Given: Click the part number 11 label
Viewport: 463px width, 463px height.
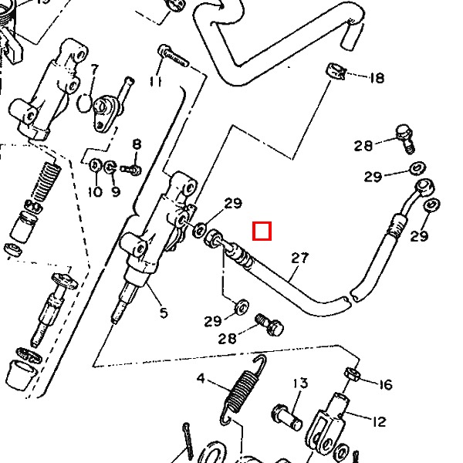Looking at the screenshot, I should click(x=157, y=81).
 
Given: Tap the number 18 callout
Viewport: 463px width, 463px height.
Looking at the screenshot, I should click(x=377, y=78).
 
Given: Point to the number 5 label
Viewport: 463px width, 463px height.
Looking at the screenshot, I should click(x=163, y=313).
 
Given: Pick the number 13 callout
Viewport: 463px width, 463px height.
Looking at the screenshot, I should click(x=299, y=384).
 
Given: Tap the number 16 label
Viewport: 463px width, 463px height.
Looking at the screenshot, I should click(x=385, y=384).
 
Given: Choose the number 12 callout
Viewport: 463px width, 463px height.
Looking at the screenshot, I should click(x=379, y=422).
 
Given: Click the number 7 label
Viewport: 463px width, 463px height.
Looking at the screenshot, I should click(x=95, y=69).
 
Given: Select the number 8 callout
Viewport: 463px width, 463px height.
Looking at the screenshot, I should click(x=137, y=144).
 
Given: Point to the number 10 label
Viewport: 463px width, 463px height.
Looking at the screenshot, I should click(x=94, y=191).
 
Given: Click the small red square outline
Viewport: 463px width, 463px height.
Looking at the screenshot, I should click(x=262, y=231).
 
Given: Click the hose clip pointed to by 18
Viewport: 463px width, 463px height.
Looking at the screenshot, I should click(x=333, y=70).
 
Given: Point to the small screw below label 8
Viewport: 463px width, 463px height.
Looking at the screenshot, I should click(x=133, y=167).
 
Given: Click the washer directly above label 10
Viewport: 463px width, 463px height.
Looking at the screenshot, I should click(x=94, y=165).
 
